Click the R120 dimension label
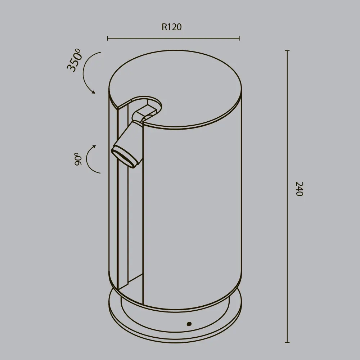(171, 27)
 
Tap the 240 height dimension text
(299, 189)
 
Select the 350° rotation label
(75, 62)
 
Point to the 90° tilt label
(78, 159)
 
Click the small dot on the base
(189, 324)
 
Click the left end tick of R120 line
(108, 38)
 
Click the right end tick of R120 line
(239, 38)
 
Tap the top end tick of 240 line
(287, 51)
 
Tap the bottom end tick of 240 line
(287, 342)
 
